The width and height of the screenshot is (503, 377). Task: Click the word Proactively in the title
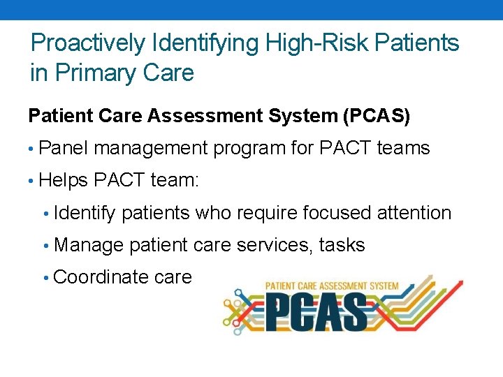[x=89, y=43]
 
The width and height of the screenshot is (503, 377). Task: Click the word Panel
[x=64, y=148]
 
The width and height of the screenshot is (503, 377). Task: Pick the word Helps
[x=64, y=180]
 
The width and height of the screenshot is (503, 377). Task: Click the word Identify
[x=84, y=213]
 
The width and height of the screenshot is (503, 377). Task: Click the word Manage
[x=89, y=245]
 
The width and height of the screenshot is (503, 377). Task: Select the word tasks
[x=342, y=245]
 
